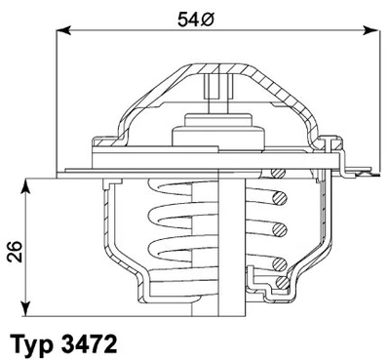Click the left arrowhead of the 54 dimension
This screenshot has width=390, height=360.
[64, 31]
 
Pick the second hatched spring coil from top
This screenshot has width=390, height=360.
[281, 228]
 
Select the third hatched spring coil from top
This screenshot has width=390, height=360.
[281, 256]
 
